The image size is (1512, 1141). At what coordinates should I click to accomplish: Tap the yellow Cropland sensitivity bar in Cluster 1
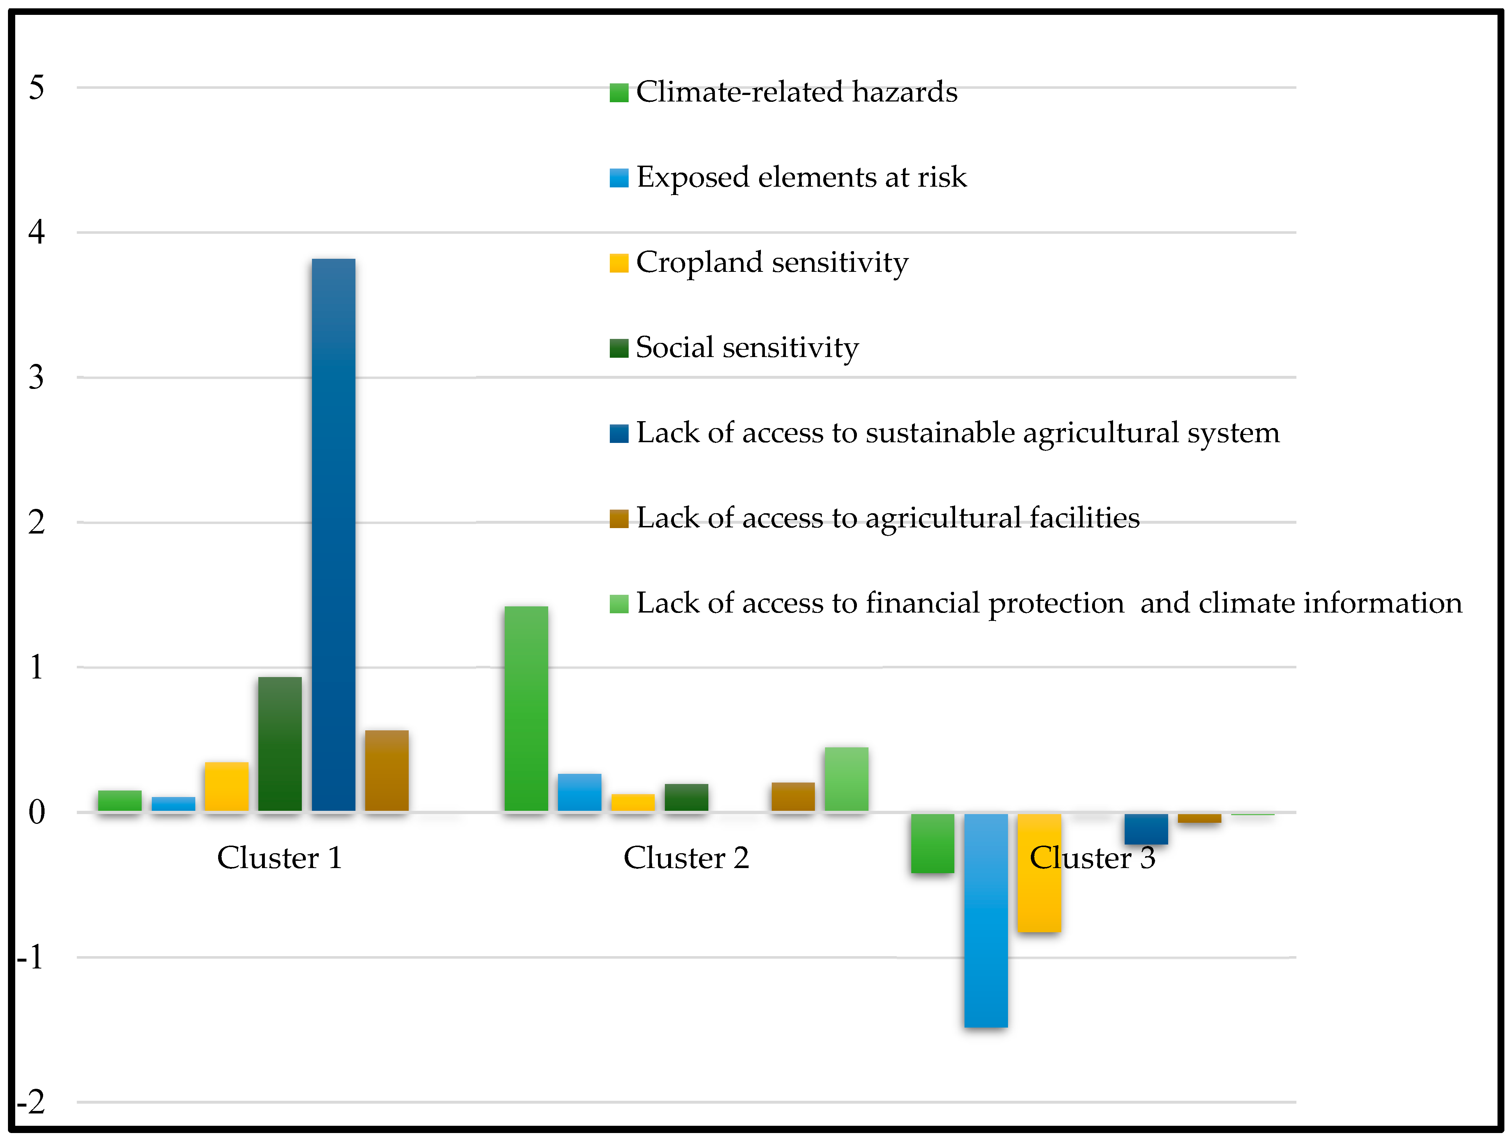coord(226,786)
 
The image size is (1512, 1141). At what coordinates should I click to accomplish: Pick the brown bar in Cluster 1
coord(387,771)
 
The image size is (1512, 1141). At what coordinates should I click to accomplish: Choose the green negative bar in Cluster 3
coord(932,843)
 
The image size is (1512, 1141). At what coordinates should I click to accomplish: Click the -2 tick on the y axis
coord(31,1102)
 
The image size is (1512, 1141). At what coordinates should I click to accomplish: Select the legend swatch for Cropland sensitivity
coord(618,263)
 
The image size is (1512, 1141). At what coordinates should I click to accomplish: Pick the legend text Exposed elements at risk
coord(801,178)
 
